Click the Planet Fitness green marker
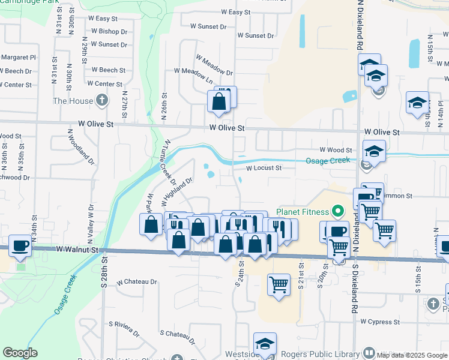338,211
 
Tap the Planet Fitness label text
303,212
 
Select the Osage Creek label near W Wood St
328,161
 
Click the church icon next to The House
103,101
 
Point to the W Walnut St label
76,248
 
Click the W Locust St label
264,169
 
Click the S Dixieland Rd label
355,282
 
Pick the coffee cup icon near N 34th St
21,245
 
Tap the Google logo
20,353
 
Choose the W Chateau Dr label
137,281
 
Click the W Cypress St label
381,322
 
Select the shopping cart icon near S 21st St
279,284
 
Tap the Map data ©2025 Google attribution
411,355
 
